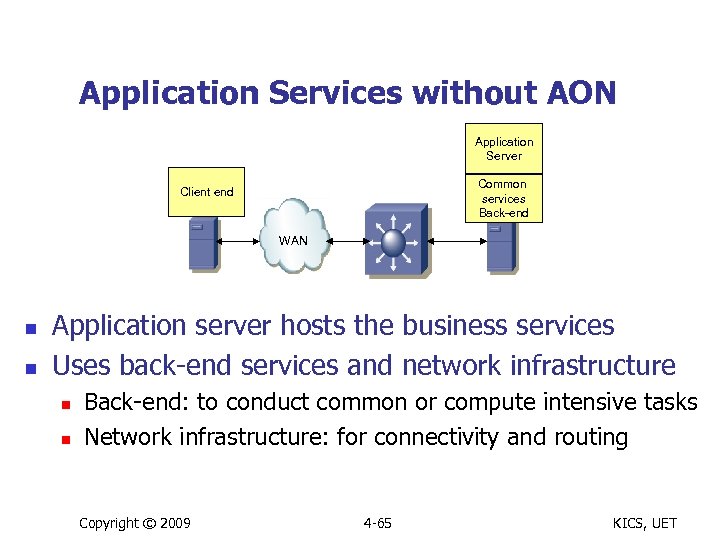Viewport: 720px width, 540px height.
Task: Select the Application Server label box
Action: [504, 149]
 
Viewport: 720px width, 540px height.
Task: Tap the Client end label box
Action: [207, 192]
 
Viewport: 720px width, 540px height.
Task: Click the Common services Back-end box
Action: [503, 198]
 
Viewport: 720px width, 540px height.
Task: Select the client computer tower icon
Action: [203, 245]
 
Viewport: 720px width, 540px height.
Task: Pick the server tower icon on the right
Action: [500, 246]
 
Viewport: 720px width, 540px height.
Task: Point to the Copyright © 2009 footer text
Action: [134, 523]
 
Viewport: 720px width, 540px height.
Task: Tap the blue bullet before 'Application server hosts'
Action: [30, 328]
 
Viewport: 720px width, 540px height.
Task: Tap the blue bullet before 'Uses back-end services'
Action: [30, 368]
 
